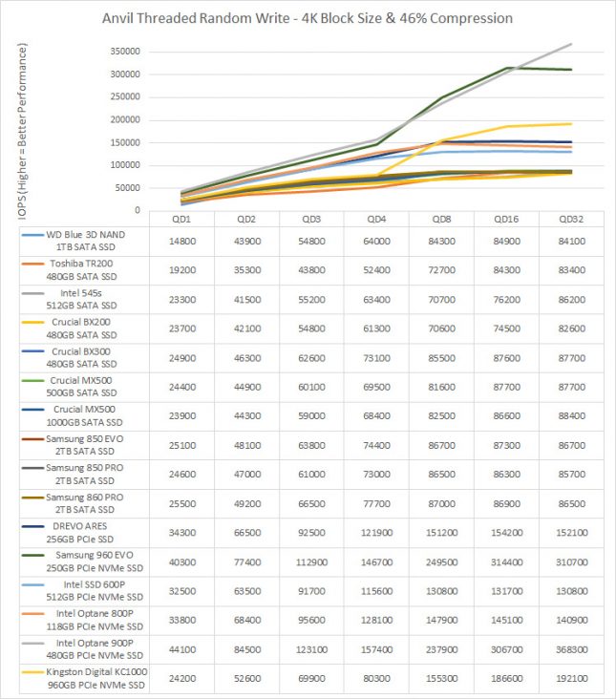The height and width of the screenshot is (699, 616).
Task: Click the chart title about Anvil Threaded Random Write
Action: [308, 18]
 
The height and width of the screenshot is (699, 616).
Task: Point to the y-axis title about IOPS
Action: [22, 131]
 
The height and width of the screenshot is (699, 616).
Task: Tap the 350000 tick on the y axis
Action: [125, 52]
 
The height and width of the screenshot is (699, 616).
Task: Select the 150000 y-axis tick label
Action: [125, 142]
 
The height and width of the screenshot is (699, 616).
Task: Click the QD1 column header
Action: [181, 219]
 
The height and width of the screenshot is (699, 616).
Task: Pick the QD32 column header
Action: [571, 219]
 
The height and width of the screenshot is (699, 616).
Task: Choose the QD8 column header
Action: [441, 219]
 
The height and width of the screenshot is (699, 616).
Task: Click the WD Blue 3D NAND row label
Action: [85, 241]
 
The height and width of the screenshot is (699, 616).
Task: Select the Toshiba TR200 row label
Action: [81, 270]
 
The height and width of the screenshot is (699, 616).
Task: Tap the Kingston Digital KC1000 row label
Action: [96, 678]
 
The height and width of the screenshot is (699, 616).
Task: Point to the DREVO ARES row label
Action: [80, 532]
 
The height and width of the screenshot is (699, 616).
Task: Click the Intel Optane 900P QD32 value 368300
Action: [571, 649]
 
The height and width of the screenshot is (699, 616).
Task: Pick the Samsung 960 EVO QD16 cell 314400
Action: [506, 562]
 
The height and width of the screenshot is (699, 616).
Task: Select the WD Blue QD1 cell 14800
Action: [181, 242]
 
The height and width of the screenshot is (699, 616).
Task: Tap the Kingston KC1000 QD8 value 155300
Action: [441, 679]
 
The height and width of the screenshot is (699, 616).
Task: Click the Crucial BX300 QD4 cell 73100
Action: [376, 358]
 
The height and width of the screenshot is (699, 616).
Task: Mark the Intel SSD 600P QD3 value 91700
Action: [311, 591]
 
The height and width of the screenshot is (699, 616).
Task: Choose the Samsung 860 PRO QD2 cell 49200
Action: [247, 504]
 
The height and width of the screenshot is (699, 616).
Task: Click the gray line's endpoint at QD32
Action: [571, 44]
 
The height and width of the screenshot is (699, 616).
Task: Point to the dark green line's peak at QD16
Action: [507, 68]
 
